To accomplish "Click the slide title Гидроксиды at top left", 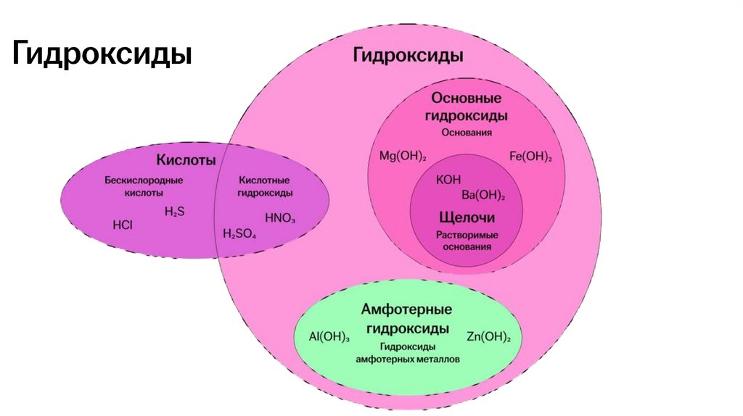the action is click(x=102, y=54).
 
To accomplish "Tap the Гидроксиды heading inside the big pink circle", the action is click(x=408, y=55).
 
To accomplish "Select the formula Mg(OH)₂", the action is click(x=403, y=156).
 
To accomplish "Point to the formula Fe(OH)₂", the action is click(x=530, y=156).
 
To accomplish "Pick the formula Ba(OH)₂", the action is click(x=483, y=195).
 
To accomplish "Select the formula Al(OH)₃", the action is click(x=329, y=337).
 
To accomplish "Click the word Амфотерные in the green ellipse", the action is click(x=406, y=309).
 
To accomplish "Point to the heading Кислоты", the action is click(x=186, y=159).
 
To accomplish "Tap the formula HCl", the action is click(x=123, y=225).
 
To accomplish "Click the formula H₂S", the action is click(x=174, y=211).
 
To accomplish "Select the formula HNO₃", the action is click(x=280, y=217).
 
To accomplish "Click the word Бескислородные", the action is click(x=143, y=180).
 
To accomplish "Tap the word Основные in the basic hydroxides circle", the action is click(x=467, y=98).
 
